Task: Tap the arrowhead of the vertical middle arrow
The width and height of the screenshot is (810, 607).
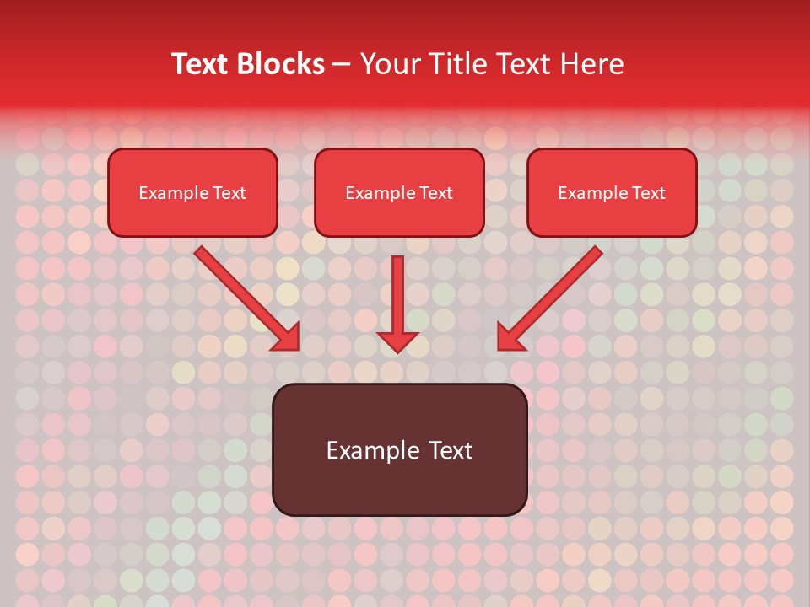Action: (x=397, y=341)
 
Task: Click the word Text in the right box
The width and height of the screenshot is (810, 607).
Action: (x=649, y=193)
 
